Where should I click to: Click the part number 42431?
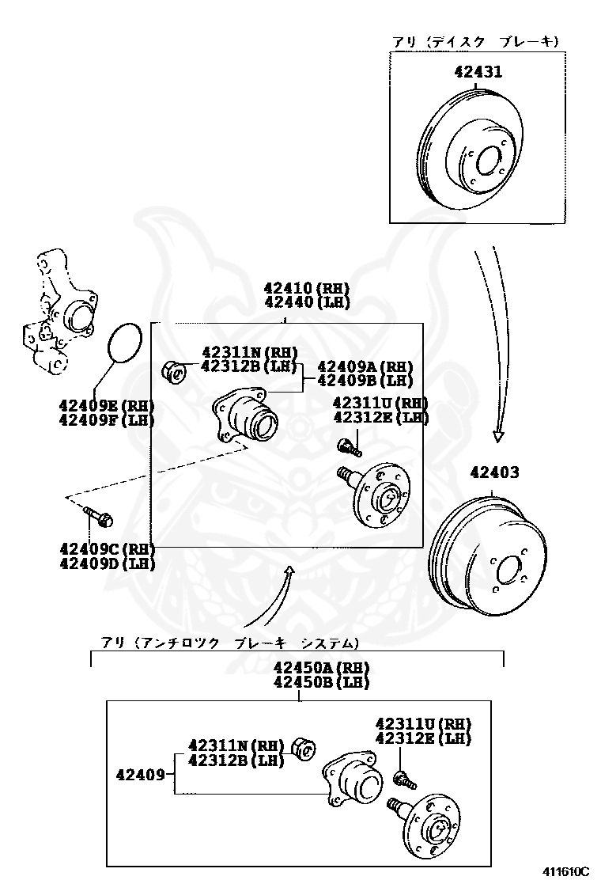click(478, 72)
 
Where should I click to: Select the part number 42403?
click(494, 472)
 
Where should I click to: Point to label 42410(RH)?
click(306, 289)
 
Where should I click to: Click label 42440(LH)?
click(306, 302)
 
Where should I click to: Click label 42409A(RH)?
click(365, 367)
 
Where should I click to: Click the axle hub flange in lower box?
click(431, 823)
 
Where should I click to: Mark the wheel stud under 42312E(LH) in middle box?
click(349, 447)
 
